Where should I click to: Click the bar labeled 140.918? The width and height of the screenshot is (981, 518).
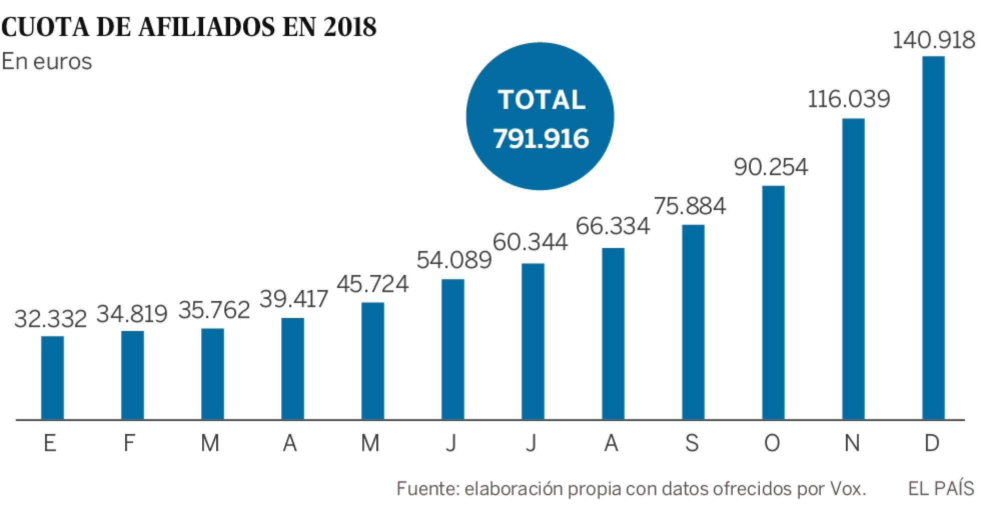(x=933, y=237)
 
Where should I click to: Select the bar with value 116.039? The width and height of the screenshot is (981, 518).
(x=853, y=268)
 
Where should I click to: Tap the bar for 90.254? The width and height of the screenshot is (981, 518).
(x=773, y=302)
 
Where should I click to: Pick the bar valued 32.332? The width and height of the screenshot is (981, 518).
(x=52, y=377)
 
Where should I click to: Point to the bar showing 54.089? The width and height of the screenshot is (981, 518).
(x=452, y=349)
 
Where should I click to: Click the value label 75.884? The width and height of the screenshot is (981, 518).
(x=690, y=205)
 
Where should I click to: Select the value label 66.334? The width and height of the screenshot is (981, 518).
(x=613, y=226)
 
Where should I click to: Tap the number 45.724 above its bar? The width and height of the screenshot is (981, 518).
(x=372, y=283)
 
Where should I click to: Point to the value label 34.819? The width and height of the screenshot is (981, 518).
(x=132, y=314)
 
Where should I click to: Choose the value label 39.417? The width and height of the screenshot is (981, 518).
(x=293, y=299)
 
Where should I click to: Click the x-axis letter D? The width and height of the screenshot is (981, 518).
(x=932, y=443)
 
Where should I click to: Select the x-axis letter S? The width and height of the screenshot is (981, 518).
(x=692, y=443)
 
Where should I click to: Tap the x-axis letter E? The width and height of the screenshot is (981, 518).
(x=50, y=443)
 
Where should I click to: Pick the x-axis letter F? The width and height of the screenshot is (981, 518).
(x=129, y=443)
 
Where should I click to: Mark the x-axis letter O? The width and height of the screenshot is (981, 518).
(x=772, y=443)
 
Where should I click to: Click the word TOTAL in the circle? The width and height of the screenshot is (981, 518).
(x=542, y=99)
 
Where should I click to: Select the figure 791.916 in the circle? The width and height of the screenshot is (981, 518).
(x=541, y=138)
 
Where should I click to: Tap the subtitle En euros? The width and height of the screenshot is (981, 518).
(x=47, y=61)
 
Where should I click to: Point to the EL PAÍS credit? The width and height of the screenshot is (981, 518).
(x=941, y=488)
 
